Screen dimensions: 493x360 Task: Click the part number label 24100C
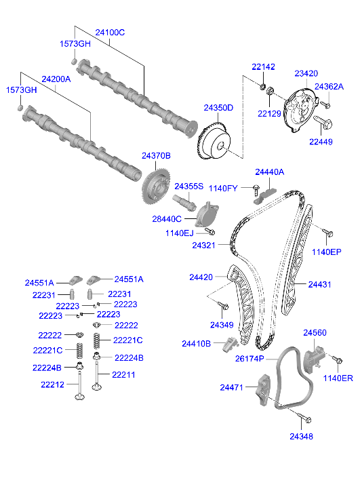click(110, 32)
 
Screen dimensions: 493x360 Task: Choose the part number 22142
click(264, 66)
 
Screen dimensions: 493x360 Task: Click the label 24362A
click(329, 86)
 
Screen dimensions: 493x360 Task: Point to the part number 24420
click(201, 277)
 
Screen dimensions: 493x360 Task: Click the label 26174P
click(249, 358)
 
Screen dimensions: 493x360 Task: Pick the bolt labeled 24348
click(302, 420)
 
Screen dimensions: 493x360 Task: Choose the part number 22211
click(123, 374)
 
